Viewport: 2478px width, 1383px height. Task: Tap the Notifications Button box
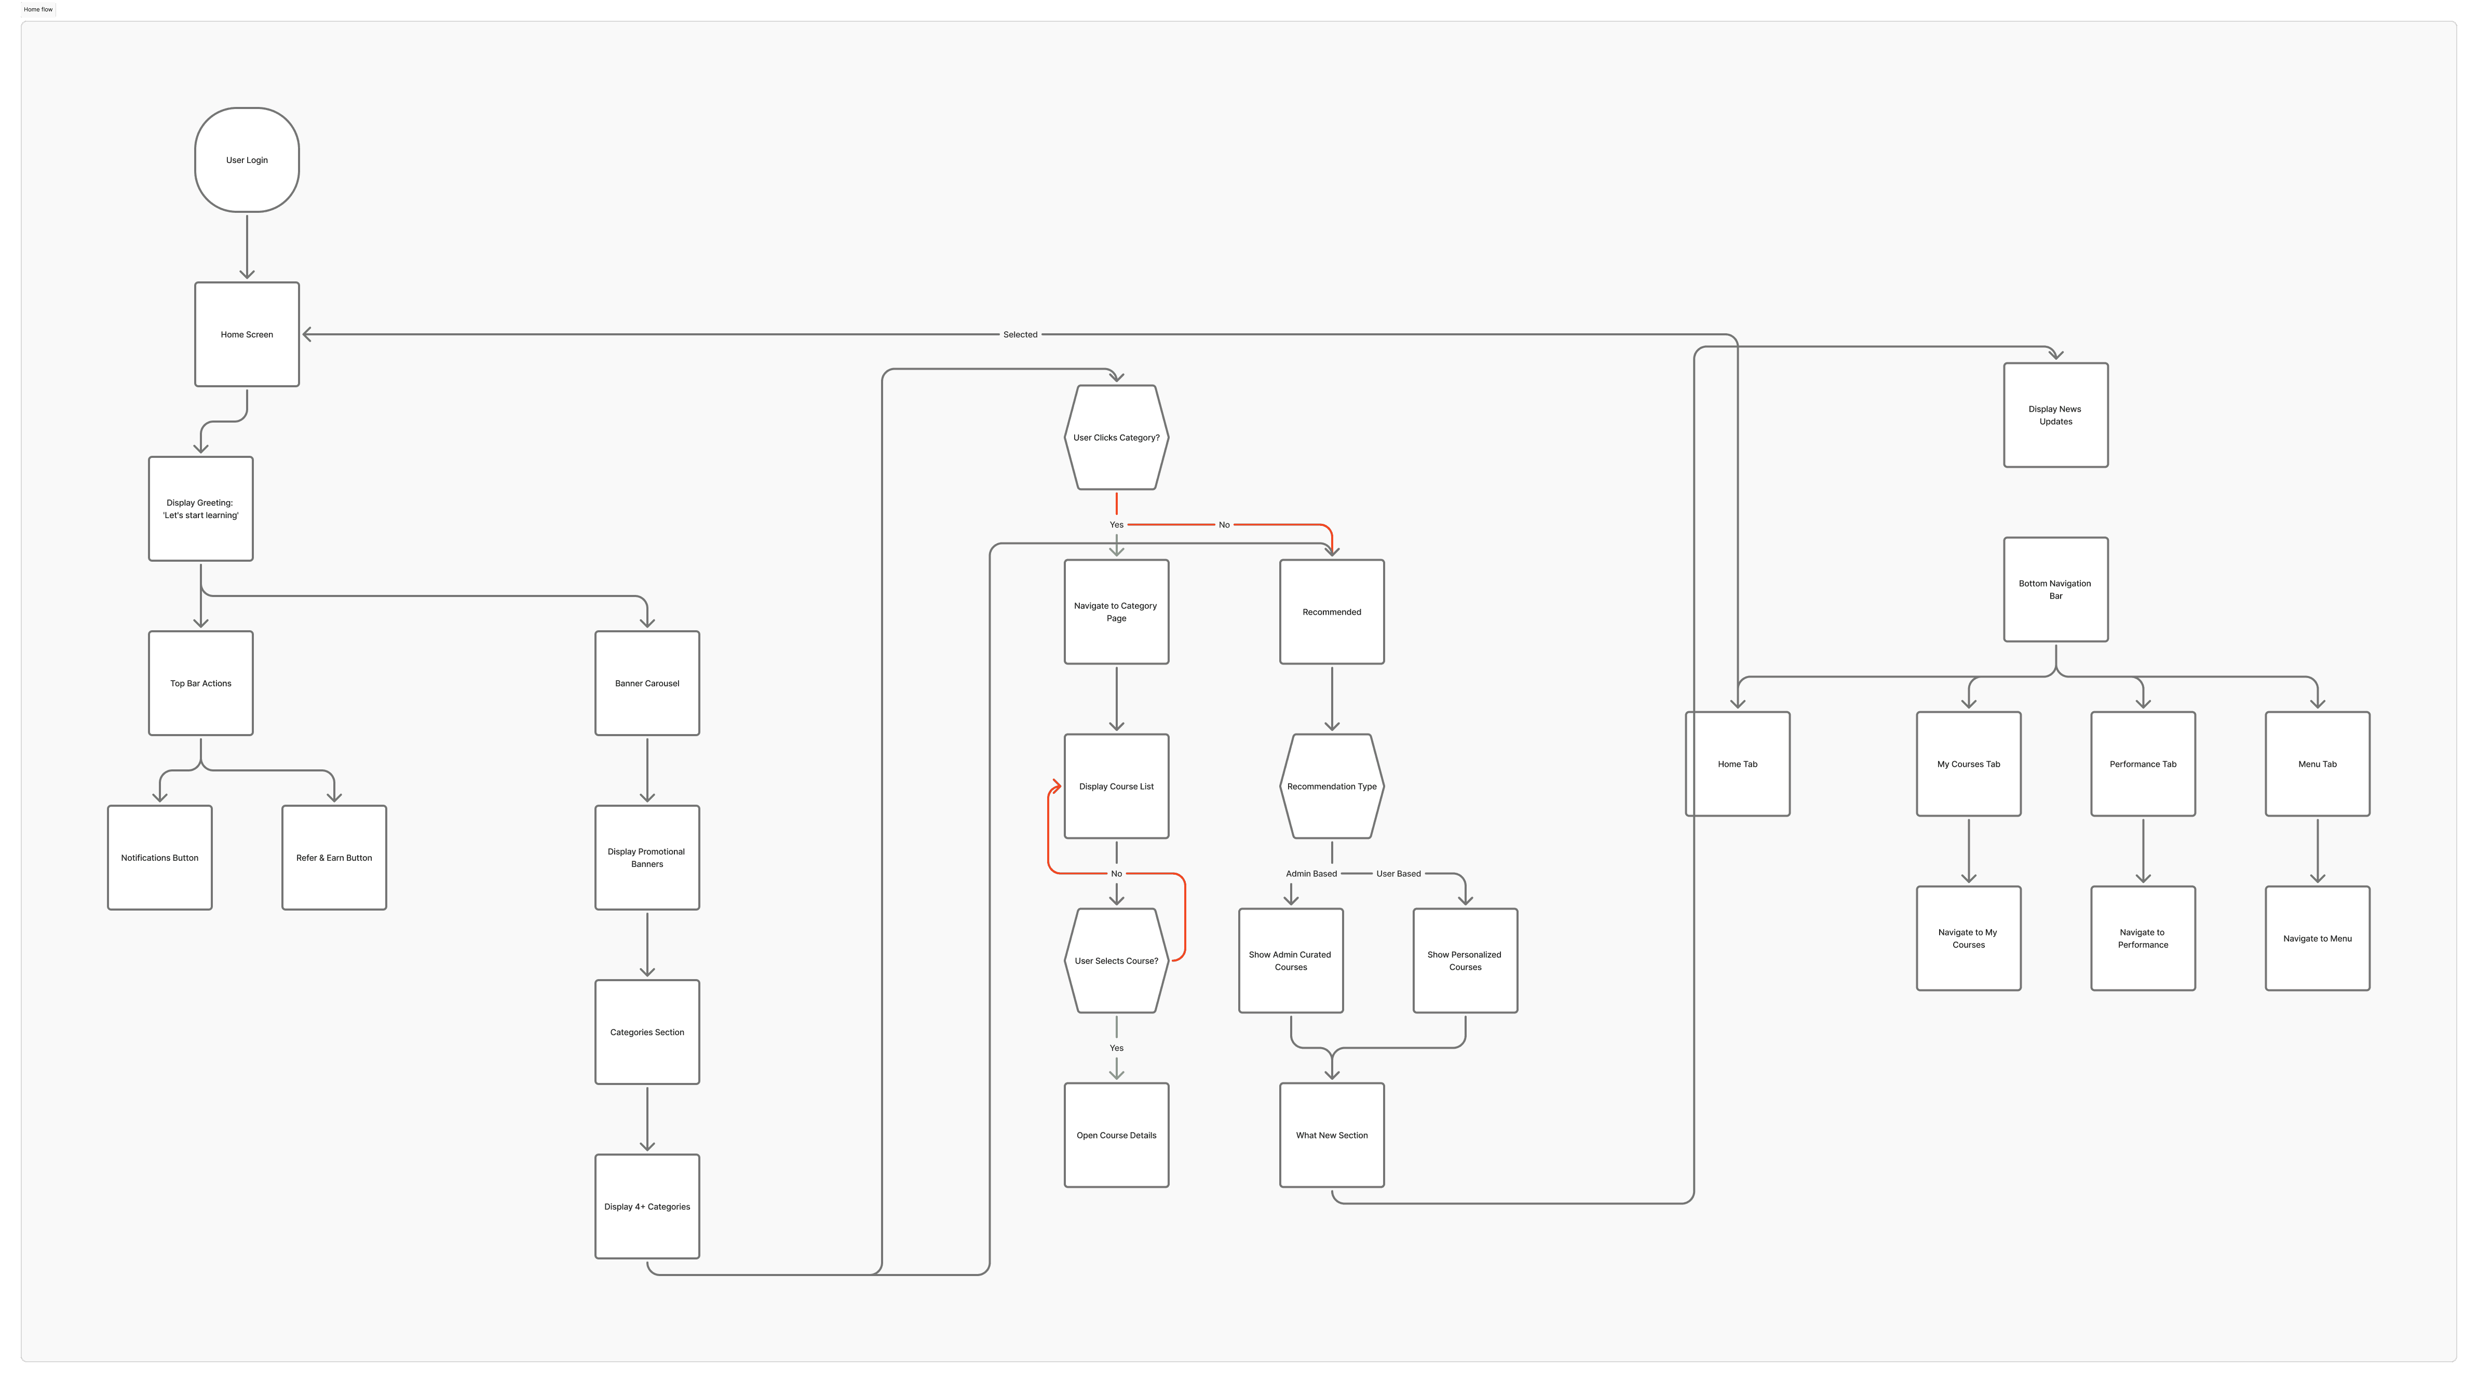[x=160, y=857]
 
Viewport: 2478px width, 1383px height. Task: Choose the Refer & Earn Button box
[x=334, y=857]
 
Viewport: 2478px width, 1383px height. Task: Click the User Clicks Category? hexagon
[x=1116, y=438]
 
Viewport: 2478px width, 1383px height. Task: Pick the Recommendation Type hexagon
[x=1331, y=786]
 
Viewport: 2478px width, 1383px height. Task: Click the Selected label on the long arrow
[x=1020, y=335]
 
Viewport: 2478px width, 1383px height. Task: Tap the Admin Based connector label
[x=1310, y=873]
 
